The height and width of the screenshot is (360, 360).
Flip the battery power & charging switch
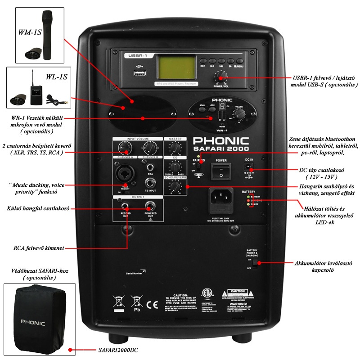[x=255, y=263]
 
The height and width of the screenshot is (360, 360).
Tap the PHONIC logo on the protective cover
[x=34, y=322]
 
